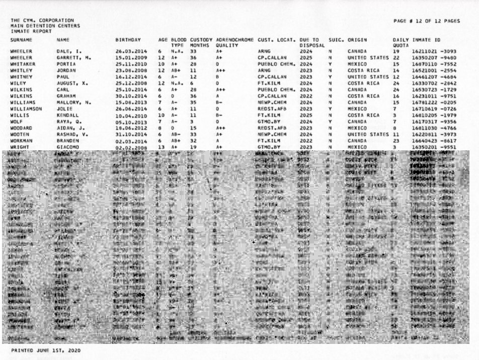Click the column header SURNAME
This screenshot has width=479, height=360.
21,40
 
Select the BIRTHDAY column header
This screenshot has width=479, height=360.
128,40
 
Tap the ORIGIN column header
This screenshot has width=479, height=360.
357,40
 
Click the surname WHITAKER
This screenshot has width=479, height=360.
23,64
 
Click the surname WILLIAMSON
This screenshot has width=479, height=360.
26,109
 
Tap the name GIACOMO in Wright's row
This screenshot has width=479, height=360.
67,147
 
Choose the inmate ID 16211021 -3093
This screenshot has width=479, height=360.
431,52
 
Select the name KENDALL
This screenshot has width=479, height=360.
67,115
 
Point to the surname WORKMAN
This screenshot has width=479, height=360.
22,141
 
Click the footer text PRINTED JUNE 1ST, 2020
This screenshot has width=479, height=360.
45,350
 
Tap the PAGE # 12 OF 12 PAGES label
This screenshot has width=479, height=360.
427,21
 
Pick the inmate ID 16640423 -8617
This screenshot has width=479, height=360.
431,141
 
